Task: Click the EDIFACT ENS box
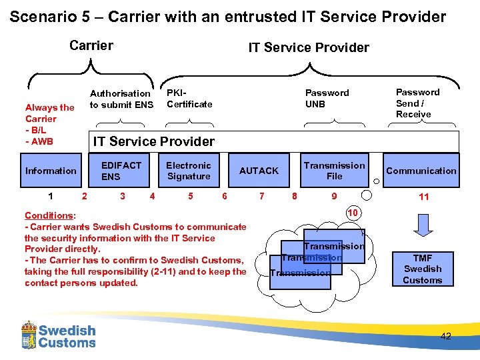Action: [122, 171]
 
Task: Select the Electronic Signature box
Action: [189, 171]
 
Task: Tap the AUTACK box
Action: [259, 171]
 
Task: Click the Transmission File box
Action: [334, 171]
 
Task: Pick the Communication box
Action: [421, 171]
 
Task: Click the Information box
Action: [51, 171]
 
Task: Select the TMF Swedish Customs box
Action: [423, 269]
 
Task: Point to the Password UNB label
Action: [327, 98]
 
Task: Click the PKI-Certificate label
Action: [189, 98]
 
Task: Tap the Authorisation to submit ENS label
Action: [121, 99]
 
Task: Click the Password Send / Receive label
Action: [418, 103]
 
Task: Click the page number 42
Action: [445, 336]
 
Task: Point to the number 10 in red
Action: [353, 212]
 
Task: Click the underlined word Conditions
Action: [49, 215]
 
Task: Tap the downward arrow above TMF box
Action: [423, 225]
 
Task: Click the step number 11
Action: [423, 197]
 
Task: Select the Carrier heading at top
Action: [91, 46]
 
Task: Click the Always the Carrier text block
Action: [49, 124]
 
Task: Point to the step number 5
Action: [191, 196]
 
